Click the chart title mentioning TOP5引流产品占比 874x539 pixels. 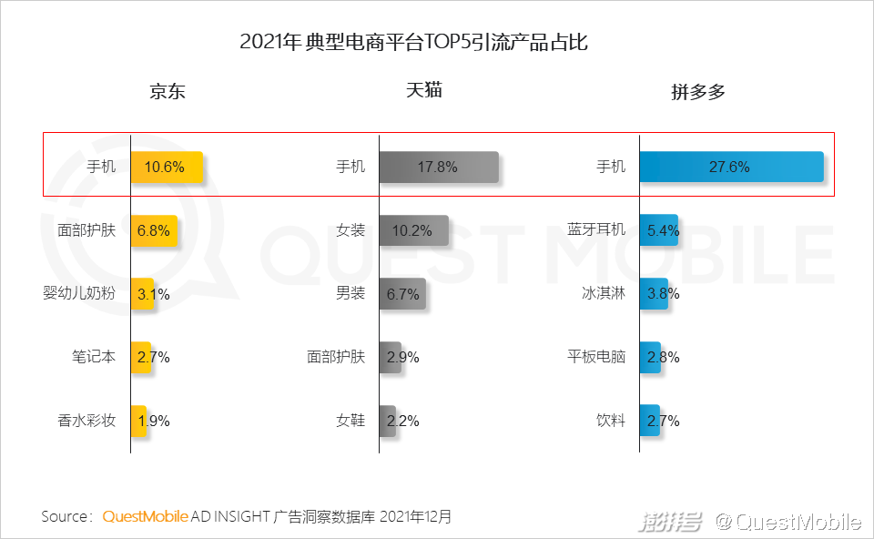coord(414,43)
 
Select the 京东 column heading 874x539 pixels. coord(168,92)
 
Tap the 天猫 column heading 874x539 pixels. coord(423,91)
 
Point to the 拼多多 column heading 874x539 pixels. coord(698,92)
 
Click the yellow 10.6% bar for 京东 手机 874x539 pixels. coord(167,167)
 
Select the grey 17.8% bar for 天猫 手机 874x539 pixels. coord(439,167)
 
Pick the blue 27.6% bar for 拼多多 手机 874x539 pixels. coord(731,167)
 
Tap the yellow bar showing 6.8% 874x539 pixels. coord(154,230)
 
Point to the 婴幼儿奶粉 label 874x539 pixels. coord(79,294)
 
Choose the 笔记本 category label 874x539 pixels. coord(94,357)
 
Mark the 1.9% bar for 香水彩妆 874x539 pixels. coord(138,421)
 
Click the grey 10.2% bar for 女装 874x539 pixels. coord(413,230)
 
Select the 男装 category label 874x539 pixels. coord(351,294)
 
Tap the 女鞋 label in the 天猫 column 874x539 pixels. coord(351,421)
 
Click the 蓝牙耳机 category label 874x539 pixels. coord(596,230)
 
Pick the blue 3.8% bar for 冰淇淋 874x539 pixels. coord(654,294)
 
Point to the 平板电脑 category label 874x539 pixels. coord(596,357)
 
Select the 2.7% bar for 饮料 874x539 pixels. coord(649,421)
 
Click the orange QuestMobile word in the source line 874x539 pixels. coord(146,517)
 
